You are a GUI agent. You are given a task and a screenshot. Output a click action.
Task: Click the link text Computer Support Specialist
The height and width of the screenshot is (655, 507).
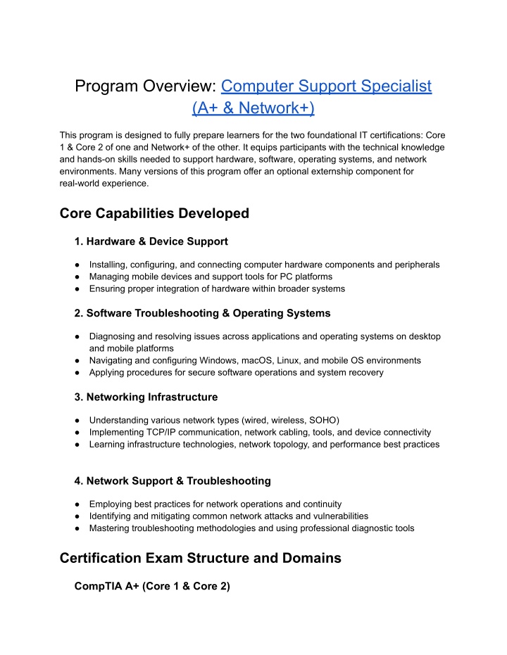click(326, 87)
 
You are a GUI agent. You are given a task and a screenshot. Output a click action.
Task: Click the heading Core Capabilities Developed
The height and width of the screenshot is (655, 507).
click(154, 213)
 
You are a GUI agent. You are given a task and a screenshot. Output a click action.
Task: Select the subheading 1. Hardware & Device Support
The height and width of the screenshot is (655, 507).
click(151, 241)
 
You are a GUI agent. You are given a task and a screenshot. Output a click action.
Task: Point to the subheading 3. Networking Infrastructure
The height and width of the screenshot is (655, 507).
click(146, 397)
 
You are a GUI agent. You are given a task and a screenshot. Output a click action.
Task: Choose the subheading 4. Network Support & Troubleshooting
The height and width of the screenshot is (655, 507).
click(172, 481)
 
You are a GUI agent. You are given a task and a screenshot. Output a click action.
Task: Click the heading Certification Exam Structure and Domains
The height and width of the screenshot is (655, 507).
click(201, 558)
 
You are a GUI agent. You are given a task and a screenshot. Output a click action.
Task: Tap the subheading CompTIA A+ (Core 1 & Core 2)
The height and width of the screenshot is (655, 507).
click(152, 586)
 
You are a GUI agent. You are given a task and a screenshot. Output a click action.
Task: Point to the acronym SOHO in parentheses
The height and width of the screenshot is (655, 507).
click(325, 420)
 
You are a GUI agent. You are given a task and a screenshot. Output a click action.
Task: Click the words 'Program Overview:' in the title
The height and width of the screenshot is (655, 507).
click(146, 87)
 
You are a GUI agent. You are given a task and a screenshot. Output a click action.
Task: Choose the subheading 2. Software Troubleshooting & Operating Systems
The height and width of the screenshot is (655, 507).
click(202, 312)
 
